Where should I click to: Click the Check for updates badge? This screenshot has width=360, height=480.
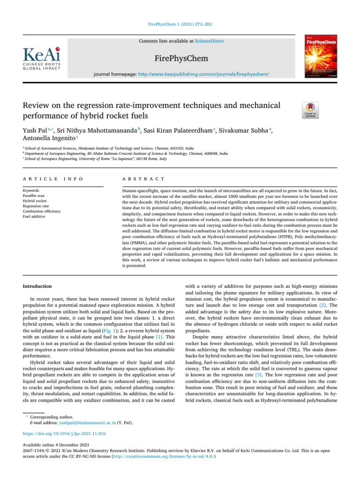[312, 110]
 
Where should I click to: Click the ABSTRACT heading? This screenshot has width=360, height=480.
[143, 179]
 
